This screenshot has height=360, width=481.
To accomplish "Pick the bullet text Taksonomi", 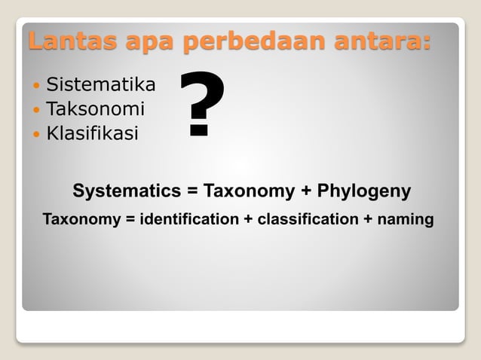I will [95, 109].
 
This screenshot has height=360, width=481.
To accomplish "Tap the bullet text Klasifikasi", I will [92, 134].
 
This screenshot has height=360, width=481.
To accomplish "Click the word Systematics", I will [126, 191].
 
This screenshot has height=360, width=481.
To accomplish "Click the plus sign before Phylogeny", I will [306, 191].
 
